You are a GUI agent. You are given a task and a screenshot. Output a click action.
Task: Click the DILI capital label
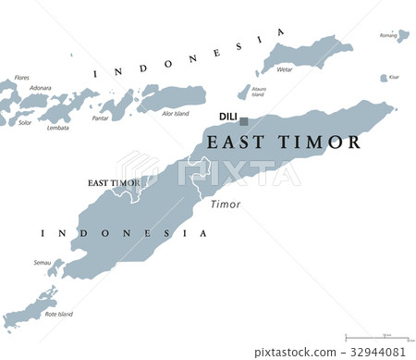coord(226,117)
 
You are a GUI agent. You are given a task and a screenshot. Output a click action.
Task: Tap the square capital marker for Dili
coord(244,121)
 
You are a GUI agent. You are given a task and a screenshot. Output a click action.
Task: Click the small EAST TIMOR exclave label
coord(114,183)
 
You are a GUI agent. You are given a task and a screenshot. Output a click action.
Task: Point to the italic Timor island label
coord(225,205)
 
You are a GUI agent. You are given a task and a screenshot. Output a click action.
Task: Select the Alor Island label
coord(176,113)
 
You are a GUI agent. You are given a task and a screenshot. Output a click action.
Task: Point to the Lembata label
coord(57,128)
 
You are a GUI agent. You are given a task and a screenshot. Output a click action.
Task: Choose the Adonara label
coord(40,88)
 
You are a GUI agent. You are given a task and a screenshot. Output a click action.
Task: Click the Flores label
coord(21,78)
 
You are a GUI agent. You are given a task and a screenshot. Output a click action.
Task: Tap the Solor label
coord(25,121)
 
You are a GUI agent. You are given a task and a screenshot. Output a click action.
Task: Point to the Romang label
coord(388,34)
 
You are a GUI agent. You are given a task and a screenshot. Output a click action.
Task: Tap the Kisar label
coord(394,77)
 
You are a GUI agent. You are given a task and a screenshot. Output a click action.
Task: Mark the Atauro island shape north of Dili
coord(243,90)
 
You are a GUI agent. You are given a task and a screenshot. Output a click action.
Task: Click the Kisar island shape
coord(384,79)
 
